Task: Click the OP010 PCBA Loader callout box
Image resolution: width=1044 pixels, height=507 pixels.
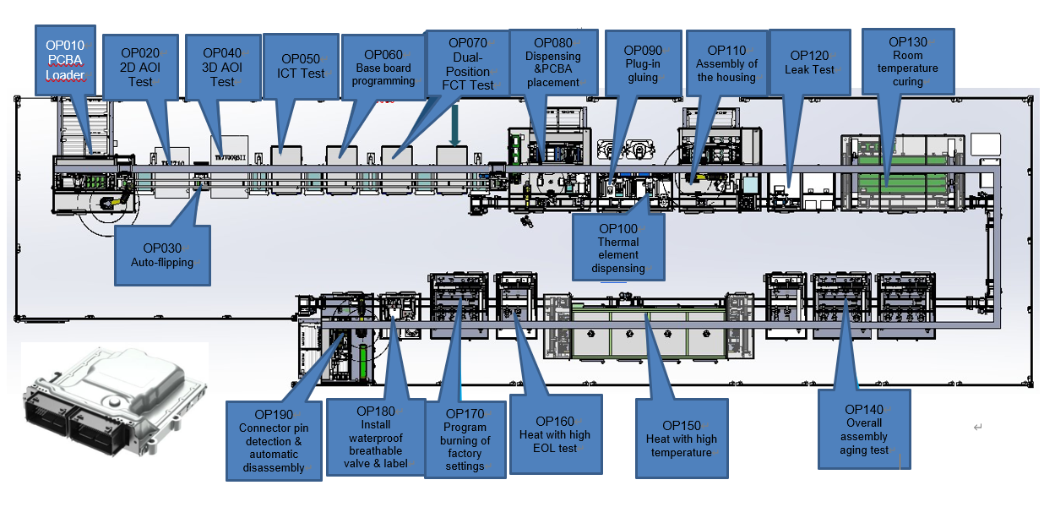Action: pos(65,61)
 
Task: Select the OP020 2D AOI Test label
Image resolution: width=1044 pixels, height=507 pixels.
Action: pos(140,67)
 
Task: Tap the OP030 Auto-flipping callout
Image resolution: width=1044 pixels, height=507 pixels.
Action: pos(162,255)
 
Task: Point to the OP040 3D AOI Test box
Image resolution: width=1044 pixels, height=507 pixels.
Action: pos(222,67)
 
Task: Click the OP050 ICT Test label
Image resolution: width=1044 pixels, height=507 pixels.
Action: pos(301,66)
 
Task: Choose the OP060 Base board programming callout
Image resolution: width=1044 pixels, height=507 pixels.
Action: pos(383,67)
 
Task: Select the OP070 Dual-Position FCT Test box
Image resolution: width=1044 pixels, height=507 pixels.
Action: pos(467,64)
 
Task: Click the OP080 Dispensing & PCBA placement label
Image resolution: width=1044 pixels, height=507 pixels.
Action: pos(553,63)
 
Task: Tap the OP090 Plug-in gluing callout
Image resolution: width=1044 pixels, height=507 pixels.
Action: pos(643,63)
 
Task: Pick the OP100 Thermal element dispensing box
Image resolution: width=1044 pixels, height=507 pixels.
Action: pos(618,248)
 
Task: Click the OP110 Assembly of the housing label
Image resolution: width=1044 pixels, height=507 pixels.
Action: pos(726,63)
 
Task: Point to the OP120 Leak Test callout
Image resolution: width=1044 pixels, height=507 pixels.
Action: pos(809,63)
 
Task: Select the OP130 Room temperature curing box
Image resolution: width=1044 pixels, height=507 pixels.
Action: pos(908,62)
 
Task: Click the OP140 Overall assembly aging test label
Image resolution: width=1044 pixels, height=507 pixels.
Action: pos(864,429)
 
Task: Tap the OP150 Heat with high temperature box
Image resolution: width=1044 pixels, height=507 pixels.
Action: pos(682,439)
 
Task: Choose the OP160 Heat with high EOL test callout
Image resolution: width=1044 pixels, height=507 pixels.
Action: pos(556,434)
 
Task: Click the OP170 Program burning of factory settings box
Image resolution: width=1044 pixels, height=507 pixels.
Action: pos(465,439)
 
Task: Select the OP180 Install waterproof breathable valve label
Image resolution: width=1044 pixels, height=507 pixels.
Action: pos(376,437)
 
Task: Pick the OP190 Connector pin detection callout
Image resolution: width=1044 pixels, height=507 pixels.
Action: pos(274,441)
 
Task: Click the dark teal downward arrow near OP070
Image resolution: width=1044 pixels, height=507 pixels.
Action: pos(454,124)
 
